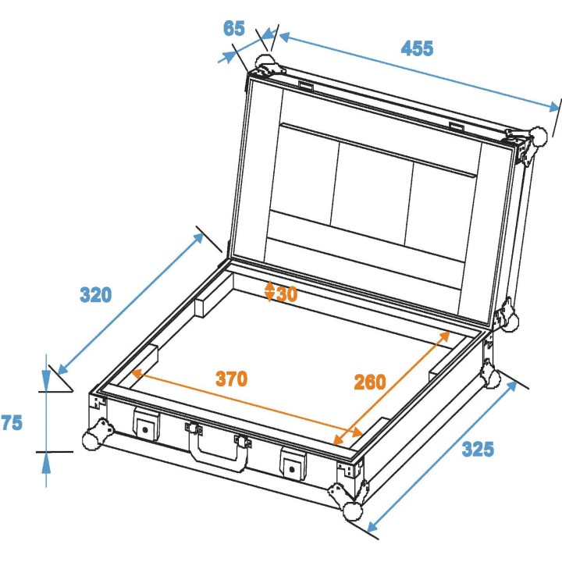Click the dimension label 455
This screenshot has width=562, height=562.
417,48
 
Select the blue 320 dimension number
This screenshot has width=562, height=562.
96,295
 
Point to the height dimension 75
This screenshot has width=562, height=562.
12,422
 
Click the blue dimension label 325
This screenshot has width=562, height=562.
477,450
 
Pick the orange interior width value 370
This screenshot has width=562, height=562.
232,379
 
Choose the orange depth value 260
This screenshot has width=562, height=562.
370,382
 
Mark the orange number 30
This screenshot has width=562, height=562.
286,293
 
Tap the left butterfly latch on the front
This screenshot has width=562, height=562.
145,425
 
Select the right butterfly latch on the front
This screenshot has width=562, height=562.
293,465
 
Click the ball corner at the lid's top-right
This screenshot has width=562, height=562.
539,135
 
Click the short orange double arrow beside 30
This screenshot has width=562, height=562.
270,292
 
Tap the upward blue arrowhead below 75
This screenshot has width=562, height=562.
46,464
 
